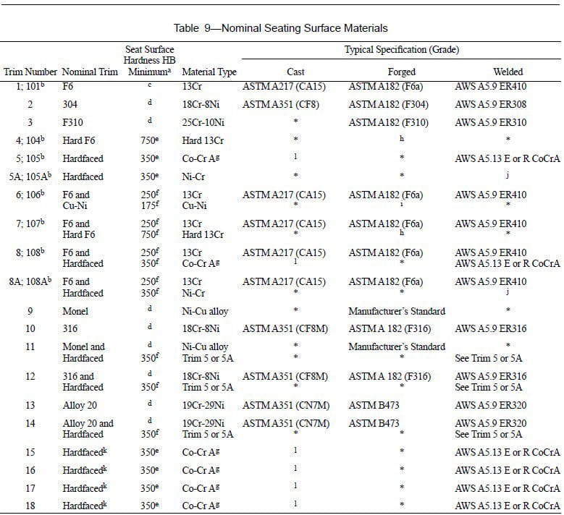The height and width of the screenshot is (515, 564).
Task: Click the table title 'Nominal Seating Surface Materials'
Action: click(x=305, y=28)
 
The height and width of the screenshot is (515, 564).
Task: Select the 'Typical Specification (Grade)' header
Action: click(x=401, y=50)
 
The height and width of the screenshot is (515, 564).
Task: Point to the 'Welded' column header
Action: click(x=508, y=72)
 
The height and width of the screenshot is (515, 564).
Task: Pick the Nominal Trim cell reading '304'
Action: click(x=71, y=104)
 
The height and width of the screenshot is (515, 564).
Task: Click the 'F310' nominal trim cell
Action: click(x=74, y=122)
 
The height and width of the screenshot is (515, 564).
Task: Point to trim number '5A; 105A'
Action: click(x=30, y=176)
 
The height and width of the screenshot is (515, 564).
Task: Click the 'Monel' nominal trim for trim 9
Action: click(x=75, y=312)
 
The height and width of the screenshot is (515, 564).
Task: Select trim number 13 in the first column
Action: click(x=30, y=405)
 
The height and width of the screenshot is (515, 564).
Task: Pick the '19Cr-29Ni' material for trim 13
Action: click(x=203, y=405)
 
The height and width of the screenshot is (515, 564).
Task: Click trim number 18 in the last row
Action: click(x=30, y=505)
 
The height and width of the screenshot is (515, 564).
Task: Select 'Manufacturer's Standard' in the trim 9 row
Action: click(x=397, y=312)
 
